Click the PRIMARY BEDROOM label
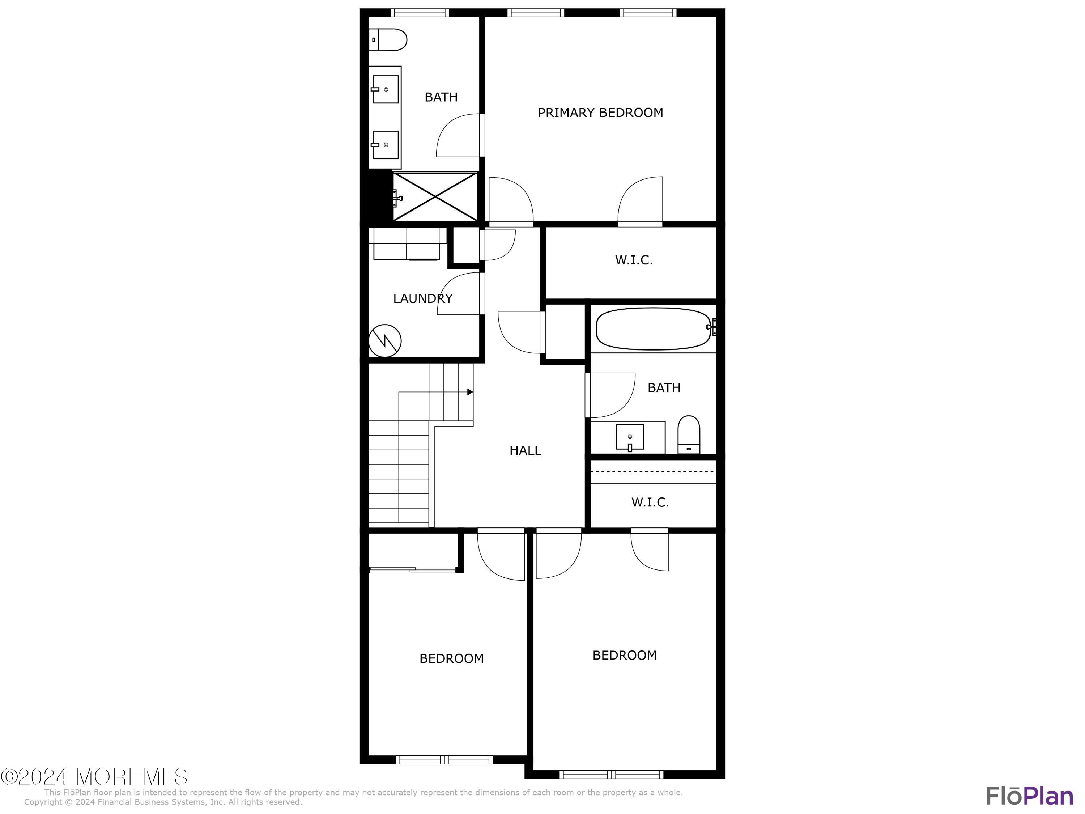point(600,113)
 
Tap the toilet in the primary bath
point(388,40)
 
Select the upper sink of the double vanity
point(386,89)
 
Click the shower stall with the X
point(435,196)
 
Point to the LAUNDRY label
point(422,298)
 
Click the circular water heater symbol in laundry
point(385,340)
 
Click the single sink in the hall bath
point(630,437)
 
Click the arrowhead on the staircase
point(470,392)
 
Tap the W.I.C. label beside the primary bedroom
point(633,260)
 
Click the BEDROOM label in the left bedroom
point(451,658)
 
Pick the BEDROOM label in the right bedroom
point(624,656)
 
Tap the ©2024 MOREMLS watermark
point(94,777)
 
